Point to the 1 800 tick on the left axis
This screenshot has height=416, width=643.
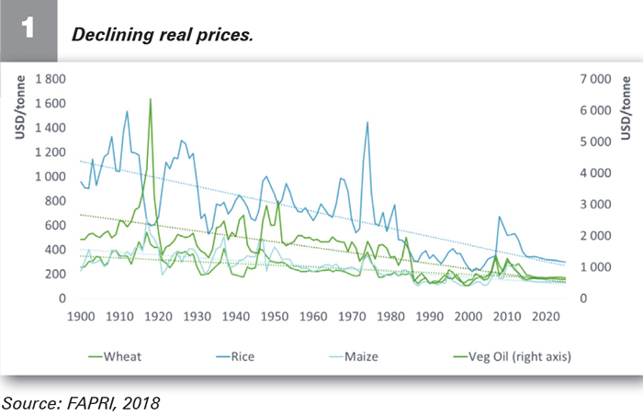(50, 79)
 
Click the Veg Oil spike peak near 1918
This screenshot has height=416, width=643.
(150, 99)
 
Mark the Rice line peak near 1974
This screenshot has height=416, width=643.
(367, 122)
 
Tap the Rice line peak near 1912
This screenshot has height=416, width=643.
(127, 112)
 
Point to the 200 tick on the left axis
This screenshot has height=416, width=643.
(55, 274)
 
